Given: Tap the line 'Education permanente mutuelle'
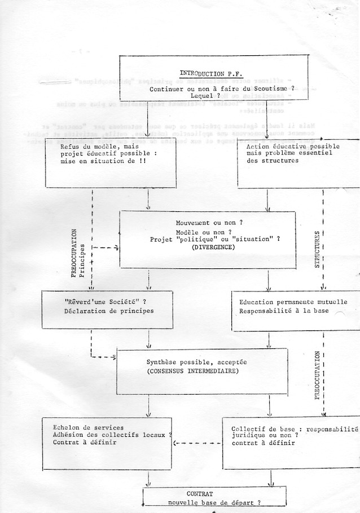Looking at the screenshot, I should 293,302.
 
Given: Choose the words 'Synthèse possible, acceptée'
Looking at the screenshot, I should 195,361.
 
